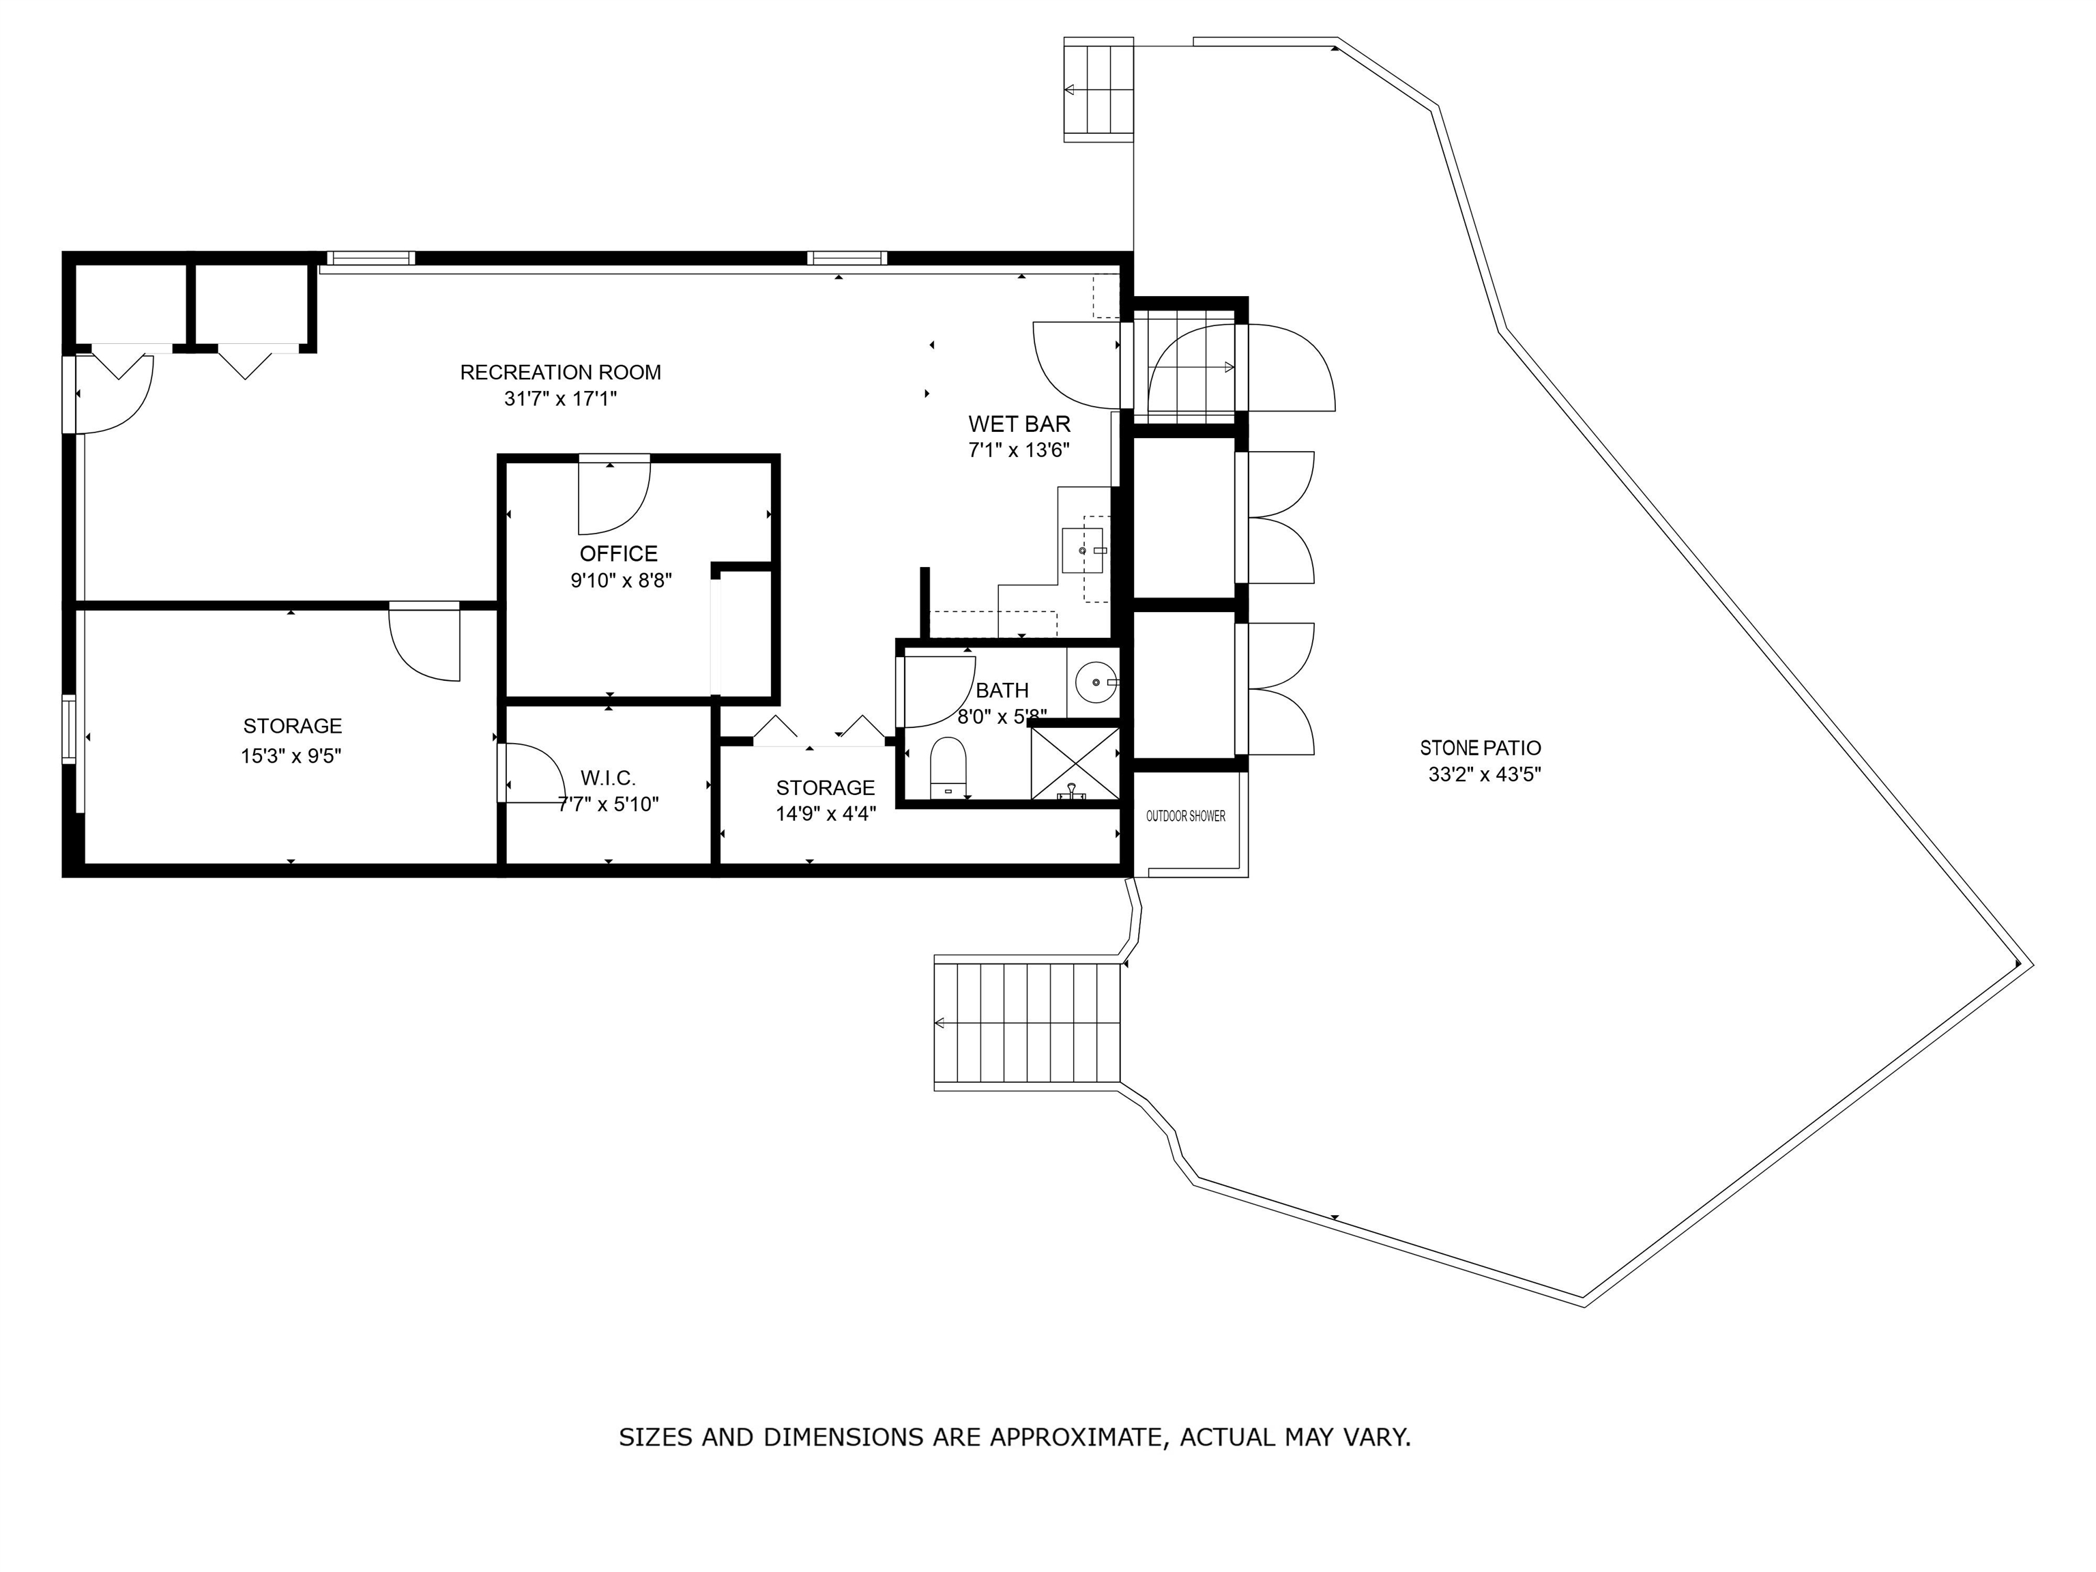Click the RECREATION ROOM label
click(560, 373)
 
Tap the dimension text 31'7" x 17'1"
click(560, 399)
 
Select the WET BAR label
click(1019, 424)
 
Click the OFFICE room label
click(617, 553)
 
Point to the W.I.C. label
click(607, 778)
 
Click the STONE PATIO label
click(1480, 748)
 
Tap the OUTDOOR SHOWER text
click(1185, 816)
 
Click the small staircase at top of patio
click(1098, 90)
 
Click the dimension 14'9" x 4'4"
click(826, 813)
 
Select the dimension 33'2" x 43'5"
click(1484, 774)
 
